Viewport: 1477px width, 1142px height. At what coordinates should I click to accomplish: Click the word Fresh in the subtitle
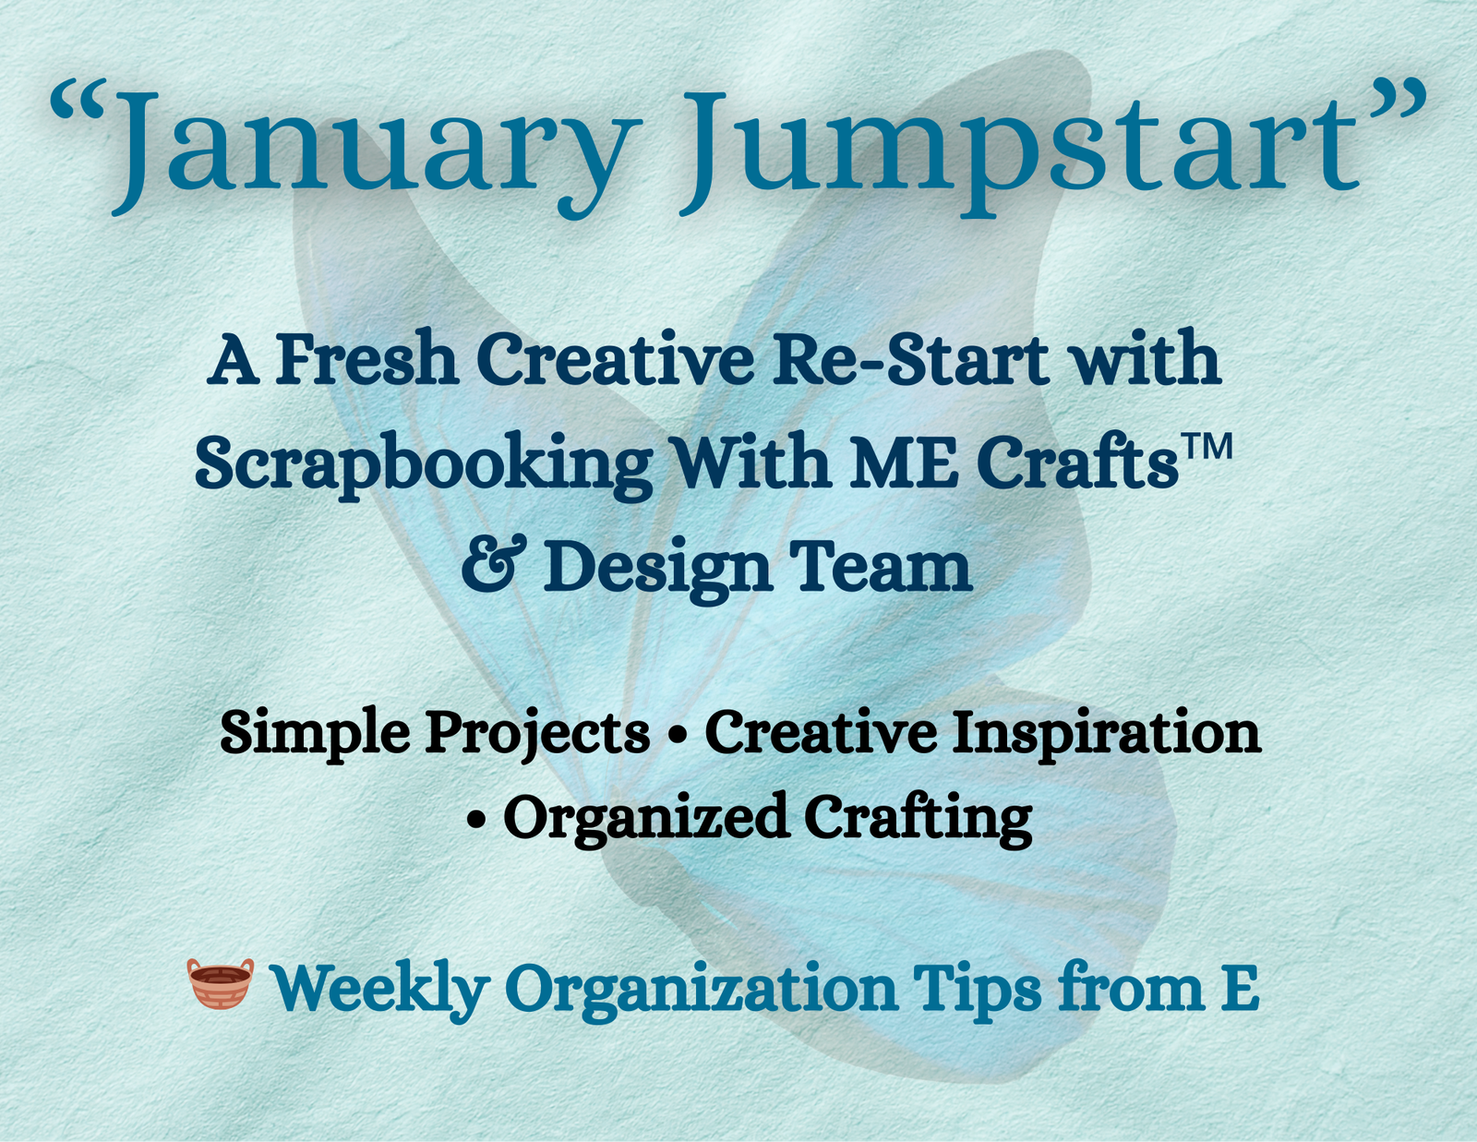tap(366, 359)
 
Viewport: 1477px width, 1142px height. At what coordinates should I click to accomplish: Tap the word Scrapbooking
tap(423, 463)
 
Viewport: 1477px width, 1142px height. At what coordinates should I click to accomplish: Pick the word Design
tap(656, 568)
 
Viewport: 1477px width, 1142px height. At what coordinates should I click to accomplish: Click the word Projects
tap(537, 735)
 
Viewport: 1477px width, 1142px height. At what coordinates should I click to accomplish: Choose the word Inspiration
tap(1105, 735)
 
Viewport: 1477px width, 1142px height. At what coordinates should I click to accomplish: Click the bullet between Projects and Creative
tap(678, 735)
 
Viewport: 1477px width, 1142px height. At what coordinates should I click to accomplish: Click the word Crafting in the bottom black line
tap(918, 819)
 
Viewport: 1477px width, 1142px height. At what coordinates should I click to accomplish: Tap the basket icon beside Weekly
tap(220, 983)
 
